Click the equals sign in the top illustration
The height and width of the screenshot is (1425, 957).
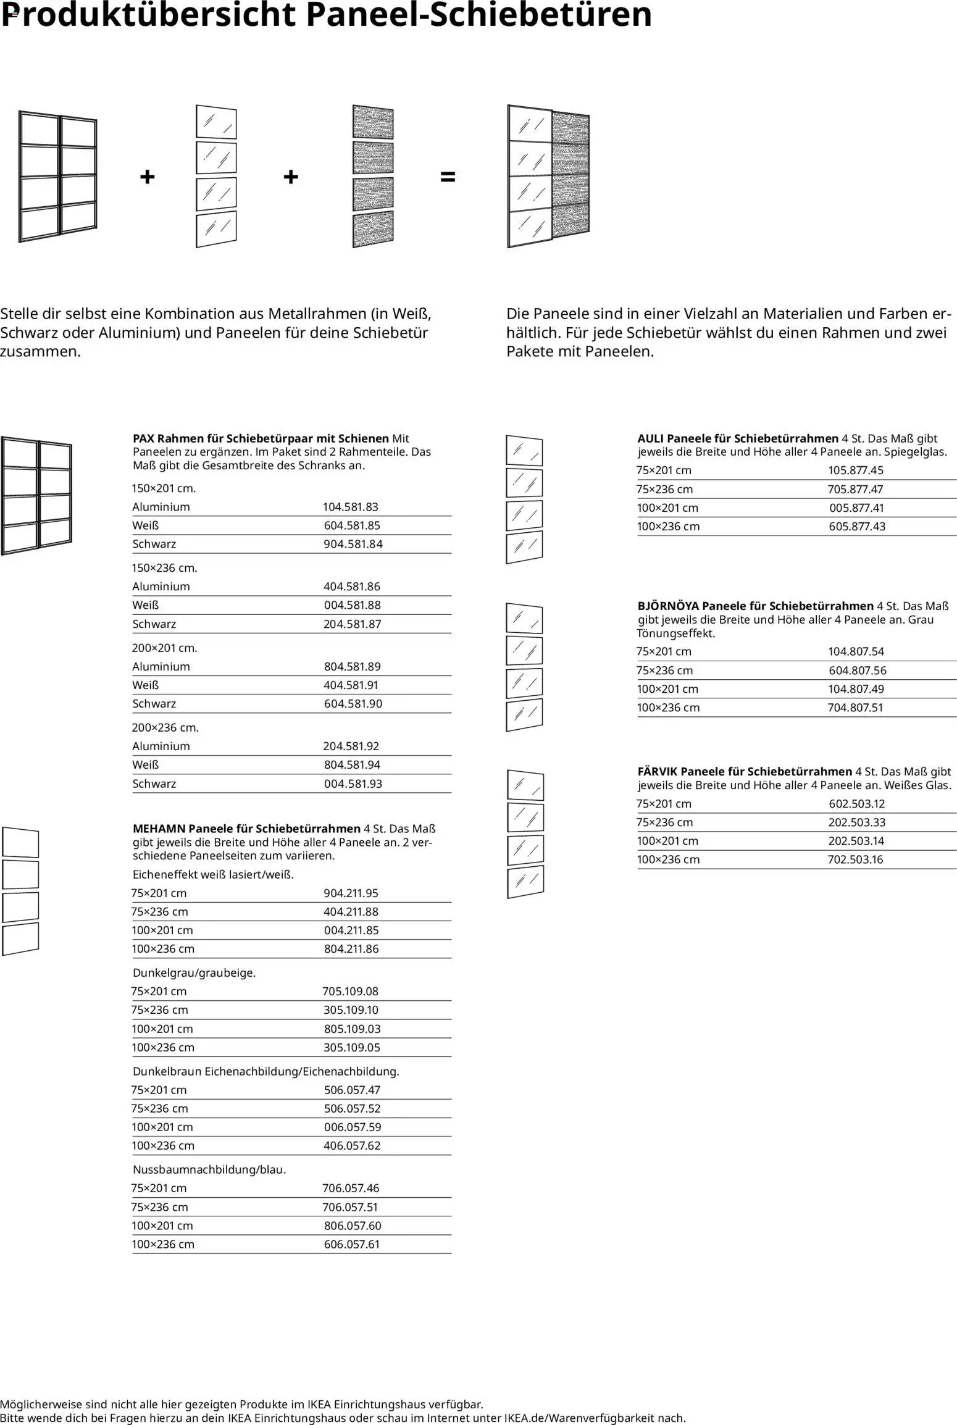click(448, 177)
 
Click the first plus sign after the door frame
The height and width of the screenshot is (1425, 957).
click(147, 177)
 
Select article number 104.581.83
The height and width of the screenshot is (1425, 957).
click(350, 507)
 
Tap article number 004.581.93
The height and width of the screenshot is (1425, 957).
click(353, 784)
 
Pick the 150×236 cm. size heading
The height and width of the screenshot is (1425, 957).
click(164, 567)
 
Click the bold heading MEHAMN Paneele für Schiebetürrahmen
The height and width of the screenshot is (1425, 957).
click(246, 829)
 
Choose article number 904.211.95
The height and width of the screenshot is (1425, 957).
click(351, 893)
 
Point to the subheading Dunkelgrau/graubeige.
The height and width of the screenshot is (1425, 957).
click(194, 972)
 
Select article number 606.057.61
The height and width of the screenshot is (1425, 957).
click(351, 1244)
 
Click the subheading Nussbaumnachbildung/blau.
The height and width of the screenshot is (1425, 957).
click(209, 1169)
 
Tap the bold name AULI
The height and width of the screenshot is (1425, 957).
click(651, 438)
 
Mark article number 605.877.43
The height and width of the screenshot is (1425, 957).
click(857, 527)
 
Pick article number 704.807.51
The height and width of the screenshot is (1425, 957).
click(855, 708)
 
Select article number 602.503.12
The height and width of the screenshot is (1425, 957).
click(856, 803)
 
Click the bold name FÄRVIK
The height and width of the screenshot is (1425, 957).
click(657, 771)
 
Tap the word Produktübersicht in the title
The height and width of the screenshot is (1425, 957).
click(148, 15)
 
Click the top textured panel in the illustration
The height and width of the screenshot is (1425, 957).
click(373, 122)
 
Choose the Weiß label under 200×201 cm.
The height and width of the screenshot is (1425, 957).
click(146, 685)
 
